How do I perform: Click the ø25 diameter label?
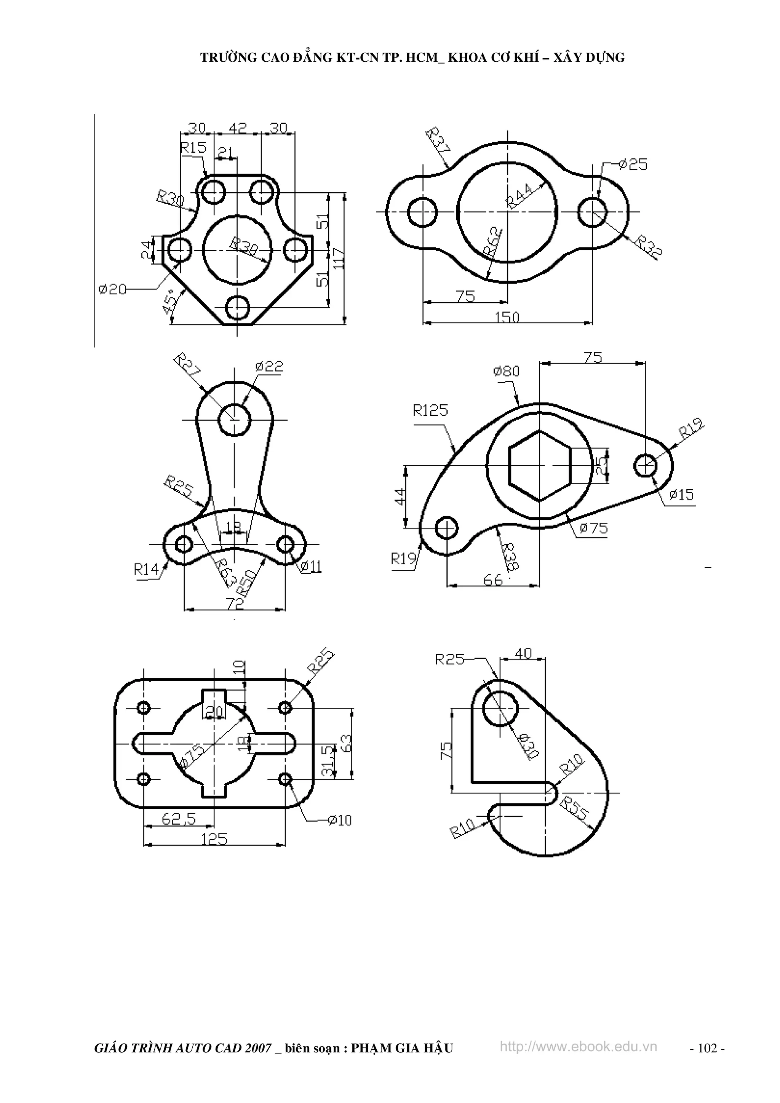pos(633,165)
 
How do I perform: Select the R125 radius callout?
pos(430,410)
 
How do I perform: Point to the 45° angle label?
pos(170,302)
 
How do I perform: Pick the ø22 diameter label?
pos(269,367)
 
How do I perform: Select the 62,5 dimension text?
pos(179,819)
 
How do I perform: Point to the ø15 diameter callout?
pos(681,494)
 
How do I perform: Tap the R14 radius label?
pos(146,570)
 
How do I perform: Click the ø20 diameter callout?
pos(112,289)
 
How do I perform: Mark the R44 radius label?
pos(519,196)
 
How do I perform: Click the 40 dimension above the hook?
pos(523,653)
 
